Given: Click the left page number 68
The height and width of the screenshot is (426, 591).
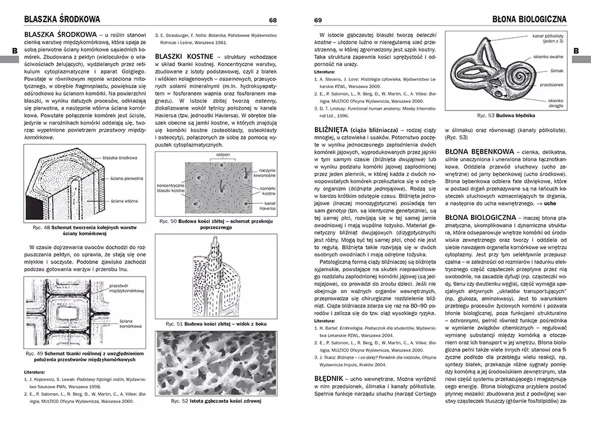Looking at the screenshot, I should click(x=272, y=20).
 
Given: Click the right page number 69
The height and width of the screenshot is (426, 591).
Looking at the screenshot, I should click(x=318, y=20).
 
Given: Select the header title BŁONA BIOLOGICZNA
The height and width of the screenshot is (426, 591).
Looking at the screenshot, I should click(x=529, y=19).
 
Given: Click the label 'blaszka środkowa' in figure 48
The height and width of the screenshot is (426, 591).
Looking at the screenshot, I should click(x=120, y=158).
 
